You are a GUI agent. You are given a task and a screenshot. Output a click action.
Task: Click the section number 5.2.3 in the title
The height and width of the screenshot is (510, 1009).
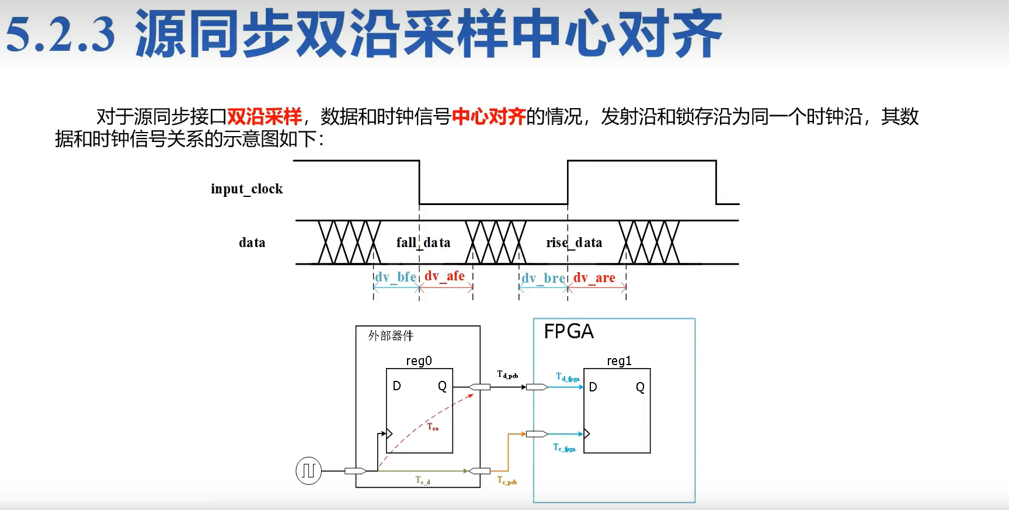point(61,34)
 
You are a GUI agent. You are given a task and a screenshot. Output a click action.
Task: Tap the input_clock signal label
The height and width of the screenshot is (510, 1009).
point(246,189)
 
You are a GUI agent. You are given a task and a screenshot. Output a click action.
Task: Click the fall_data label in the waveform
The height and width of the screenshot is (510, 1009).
point(423,242)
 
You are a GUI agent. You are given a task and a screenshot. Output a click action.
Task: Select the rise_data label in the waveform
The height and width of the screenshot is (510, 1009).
point(574,242)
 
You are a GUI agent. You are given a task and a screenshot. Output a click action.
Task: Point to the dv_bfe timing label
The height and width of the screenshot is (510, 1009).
point(395,277)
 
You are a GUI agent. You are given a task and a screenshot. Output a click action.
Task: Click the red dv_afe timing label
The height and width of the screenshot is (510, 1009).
point(444,276)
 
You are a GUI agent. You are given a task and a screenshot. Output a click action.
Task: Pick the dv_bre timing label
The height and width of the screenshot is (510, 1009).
point(542,278)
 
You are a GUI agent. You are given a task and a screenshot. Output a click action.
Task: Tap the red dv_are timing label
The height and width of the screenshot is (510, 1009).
point(594,277)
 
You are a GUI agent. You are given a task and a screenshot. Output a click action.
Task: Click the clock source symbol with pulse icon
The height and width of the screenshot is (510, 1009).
point(308,470)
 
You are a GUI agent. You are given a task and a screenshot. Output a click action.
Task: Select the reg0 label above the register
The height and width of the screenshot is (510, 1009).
point(419,361)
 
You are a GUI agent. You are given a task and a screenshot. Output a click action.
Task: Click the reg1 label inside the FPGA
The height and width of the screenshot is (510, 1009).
point(619,361)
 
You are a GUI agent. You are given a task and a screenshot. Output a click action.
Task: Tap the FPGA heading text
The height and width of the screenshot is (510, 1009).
point(569,332)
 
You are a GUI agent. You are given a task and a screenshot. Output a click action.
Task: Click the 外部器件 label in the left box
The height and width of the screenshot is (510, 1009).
point(391,336)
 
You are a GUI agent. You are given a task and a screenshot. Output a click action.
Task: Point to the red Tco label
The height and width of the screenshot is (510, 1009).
point(433,427)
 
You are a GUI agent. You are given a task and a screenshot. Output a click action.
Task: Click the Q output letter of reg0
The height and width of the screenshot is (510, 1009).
point(442,386)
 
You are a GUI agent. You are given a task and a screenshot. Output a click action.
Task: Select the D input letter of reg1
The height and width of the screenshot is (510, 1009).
point(593,387)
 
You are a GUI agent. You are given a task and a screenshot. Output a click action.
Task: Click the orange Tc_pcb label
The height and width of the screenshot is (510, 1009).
point(507,480)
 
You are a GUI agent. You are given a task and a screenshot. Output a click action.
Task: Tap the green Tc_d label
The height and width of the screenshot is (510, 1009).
point(423,480)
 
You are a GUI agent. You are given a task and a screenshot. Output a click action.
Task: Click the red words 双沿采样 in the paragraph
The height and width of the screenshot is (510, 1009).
point(264,116)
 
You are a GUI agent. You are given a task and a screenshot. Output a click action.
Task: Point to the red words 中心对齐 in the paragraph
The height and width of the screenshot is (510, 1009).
point(489,116)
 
